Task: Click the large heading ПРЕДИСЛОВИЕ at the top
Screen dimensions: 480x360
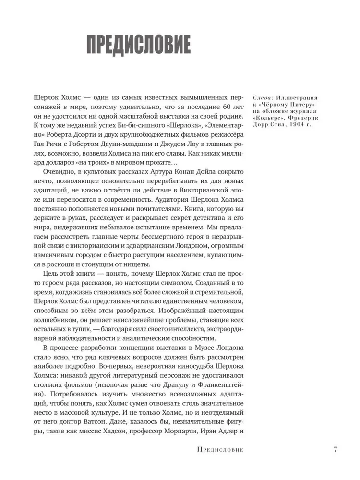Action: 138,45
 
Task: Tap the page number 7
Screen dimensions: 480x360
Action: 336,449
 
